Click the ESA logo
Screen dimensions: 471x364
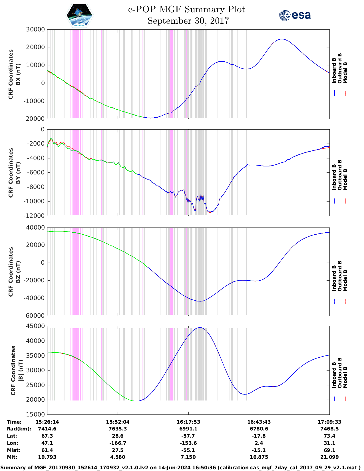click(x=295, y=15)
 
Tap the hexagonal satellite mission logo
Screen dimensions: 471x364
click(x=80, y=15)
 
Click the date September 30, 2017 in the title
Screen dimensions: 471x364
click(x=188, y=21)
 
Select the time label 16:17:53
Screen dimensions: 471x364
click(x=188, y=422)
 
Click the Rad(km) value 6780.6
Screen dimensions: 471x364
click(x=259, y=429)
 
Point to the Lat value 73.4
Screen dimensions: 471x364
click(x=329, y=436)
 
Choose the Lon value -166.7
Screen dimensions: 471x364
click(x=118, y=443)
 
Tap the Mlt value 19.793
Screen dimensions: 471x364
click(x=47, y=457)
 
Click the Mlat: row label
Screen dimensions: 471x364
click(x=14, y=450)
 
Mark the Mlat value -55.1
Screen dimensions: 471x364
click(x=188, y=450)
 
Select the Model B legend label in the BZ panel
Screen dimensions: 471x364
click(x=345, y=280)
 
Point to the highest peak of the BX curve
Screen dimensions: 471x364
click(x=282, y=39)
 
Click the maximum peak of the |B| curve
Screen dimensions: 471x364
click(x=200, y=328)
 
